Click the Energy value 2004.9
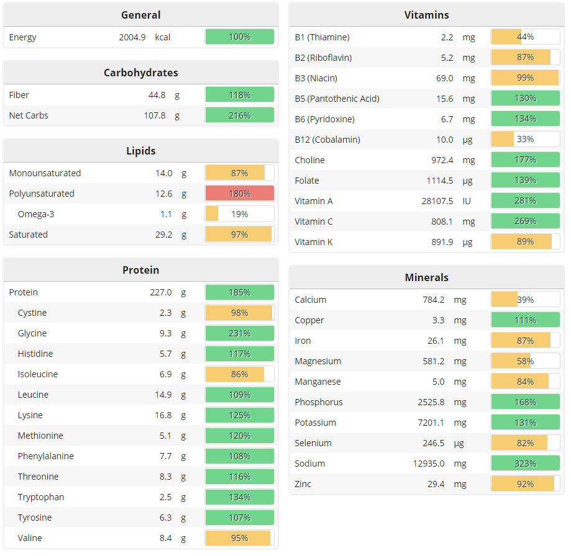click(132, 37)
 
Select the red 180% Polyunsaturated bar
click(240, 194)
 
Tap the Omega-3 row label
click(35, 214)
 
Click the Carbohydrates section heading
click(140, 73)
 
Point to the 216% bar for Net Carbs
click(240, 115)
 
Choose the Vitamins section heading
click(426, 15)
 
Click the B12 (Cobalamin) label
click(327, 140)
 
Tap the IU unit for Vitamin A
click(467, 201)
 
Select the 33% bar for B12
click(525, 140)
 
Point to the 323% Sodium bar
click(525, 464)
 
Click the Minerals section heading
click(426, 277)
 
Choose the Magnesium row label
click(317, 361)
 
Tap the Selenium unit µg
click(459, 443)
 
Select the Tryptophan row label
click(41, 497)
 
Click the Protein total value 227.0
click(160, 292)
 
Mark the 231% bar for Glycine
click(240, 333)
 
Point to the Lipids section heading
click(140, 151)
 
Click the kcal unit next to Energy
click(163, 37)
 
